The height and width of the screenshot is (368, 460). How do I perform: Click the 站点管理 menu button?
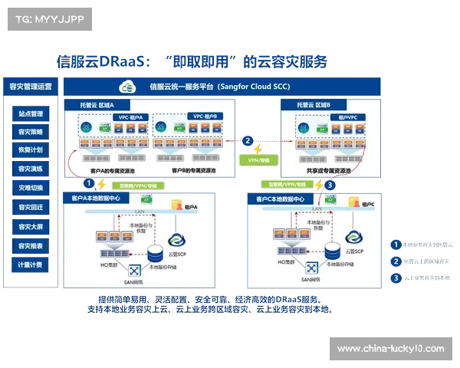point(31,113)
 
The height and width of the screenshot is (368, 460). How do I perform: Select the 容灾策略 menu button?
point(31,132)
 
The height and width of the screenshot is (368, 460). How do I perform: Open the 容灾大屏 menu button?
point(31,226)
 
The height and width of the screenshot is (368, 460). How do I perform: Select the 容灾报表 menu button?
point(31,245)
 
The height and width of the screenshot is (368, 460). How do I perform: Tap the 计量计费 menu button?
point(31,264)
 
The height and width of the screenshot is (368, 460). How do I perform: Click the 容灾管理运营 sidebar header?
point(30,87)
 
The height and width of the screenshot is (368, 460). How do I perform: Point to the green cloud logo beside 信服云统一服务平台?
point(126,87)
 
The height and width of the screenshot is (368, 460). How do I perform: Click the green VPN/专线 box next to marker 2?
point(258,161)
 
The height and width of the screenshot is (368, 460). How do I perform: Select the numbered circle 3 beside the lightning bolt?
point(330,185)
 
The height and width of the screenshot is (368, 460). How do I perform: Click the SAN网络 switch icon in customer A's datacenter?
point(135,270)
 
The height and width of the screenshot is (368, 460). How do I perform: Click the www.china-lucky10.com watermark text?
point(390,349)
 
